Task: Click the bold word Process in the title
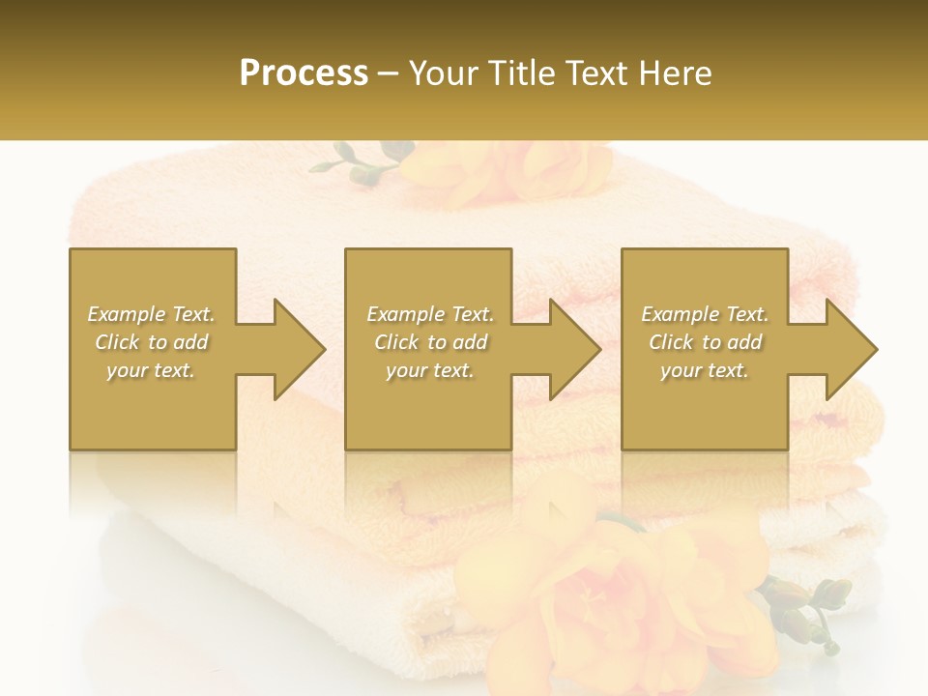point(304,73)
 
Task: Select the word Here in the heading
point(676,73)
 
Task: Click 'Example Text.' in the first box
point(151,314)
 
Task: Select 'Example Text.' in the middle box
point(430,314)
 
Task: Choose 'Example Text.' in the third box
point(705,314)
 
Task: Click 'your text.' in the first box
point(151,370)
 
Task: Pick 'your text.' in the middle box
point(430,370)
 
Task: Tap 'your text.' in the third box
point(705,370)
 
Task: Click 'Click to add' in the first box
point(151,342)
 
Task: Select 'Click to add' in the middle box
point(430,342)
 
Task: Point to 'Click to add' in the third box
point(705,342)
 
